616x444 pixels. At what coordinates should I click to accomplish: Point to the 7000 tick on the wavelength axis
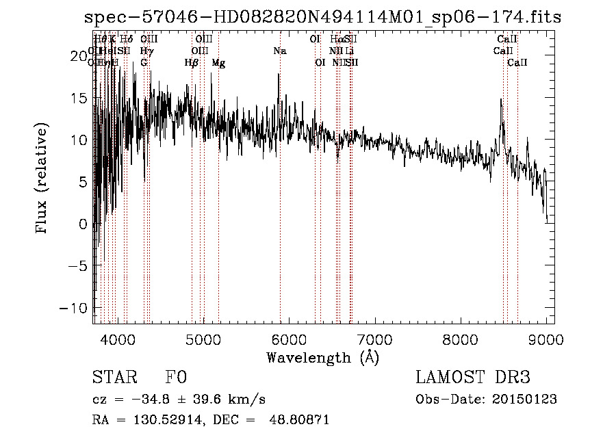[374, 338]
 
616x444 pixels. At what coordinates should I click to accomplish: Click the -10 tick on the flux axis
[75, 308]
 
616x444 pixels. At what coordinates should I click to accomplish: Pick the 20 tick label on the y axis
[79, 55]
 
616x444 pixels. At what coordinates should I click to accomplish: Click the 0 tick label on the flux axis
[83, 224]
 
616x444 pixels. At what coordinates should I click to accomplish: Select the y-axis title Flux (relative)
[42, 179]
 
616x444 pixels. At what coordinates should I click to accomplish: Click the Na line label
[279, 51]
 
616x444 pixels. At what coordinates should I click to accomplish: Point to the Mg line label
[218, 63]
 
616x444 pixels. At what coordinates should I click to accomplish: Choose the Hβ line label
[192, 63]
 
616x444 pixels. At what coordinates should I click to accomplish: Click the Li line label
[350, 51]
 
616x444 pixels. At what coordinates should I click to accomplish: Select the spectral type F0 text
[176, 378]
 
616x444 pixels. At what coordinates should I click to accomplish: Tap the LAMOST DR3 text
[473, 378]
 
